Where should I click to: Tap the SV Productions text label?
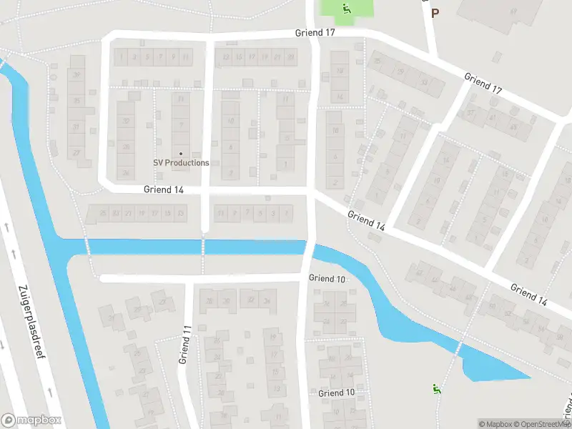coord(181,162)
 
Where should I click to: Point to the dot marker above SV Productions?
coord(181,153)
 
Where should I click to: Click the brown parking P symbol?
coord(435,13)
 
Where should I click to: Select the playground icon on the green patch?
coord(346,9)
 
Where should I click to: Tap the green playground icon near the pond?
coord(435,389)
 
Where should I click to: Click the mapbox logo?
coord(31,420)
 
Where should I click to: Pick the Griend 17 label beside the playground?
coord(315,33)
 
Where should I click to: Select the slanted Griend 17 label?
coord(483,84)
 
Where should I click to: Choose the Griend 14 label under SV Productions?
coord(163,189)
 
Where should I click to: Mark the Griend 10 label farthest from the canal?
coord(336,393)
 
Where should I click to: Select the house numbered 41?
coord(492,118)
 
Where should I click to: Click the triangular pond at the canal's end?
coord(493,368)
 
